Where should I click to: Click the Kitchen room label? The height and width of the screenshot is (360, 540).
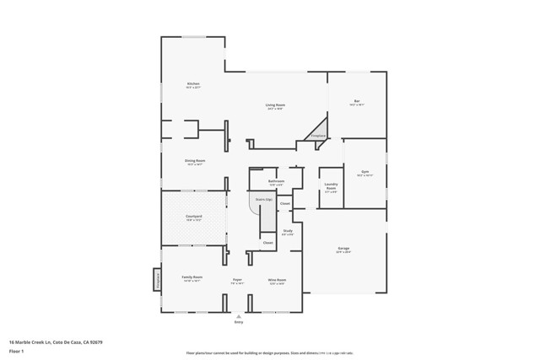click(x=193, y=84)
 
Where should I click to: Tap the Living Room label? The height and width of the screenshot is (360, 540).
click(x=275, y=105)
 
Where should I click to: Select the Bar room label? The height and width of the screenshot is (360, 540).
click(x=357, y=102)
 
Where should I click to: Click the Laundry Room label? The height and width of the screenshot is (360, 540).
click(x=331, y=189)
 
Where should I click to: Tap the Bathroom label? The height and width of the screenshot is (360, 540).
click(x=276, y=180)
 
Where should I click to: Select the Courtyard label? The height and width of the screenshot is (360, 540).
click(x=194, y=217)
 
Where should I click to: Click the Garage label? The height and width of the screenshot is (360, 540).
click(x=343, y=249)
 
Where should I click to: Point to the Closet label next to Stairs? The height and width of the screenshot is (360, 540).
click(x=285, y=203)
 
